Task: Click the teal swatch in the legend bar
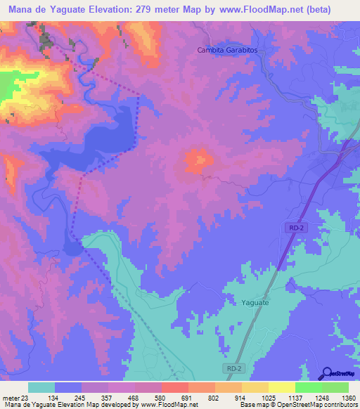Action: click(x=41, y=387)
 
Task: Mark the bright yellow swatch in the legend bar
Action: click(x=282, y=387)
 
